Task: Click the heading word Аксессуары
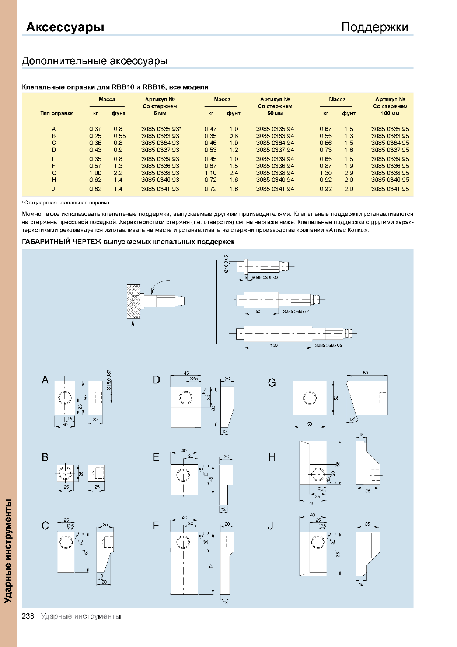(65, 27)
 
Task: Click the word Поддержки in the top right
(374, 27)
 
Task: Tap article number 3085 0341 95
(390, 189)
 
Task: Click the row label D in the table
(54, 150)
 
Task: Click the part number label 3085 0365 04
(296, 311)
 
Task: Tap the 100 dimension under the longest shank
(274, 345)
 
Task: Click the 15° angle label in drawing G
(352, 420)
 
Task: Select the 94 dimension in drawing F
(211, 565)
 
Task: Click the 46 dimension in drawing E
(211, 479)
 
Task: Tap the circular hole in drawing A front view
(64, 398)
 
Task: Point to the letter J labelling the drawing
(270, 526)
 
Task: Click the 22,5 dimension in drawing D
(194, 378)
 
